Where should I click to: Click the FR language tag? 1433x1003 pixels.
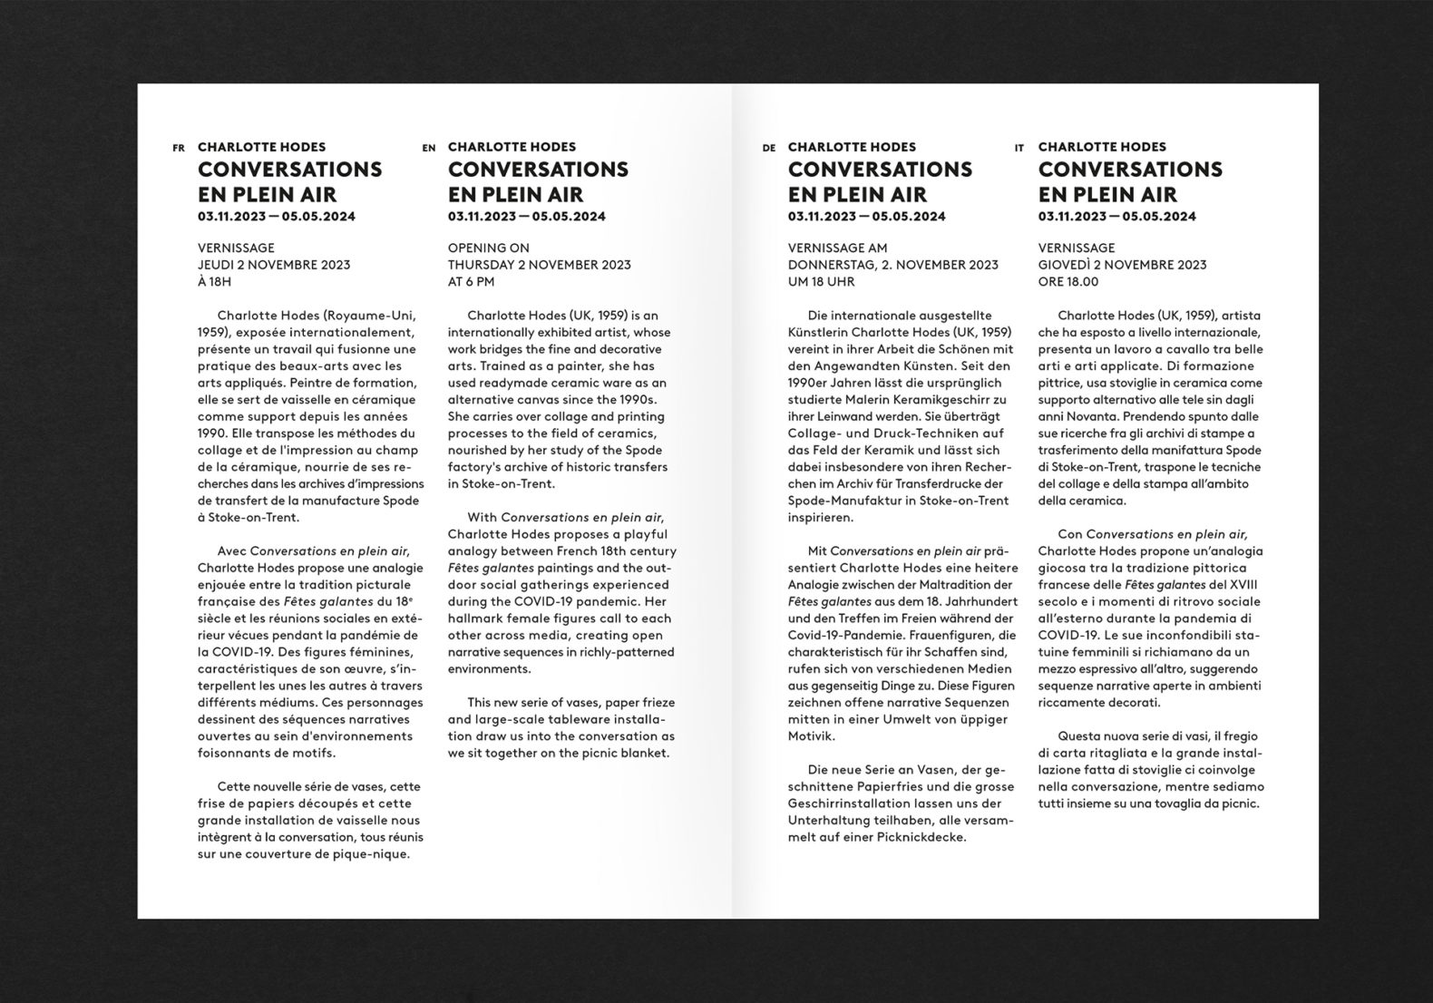point(179,148)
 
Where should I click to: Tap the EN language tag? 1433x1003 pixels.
point(429,148)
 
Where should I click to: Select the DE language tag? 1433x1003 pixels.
point(769,148)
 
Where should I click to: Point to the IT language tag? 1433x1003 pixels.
point(1019,148)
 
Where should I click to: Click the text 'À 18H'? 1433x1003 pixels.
point(215,282)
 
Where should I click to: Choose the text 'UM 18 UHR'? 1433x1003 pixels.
point(822,282)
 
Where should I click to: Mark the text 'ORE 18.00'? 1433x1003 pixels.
point(1068,282)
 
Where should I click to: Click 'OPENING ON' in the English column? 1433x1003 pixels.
point(489,248)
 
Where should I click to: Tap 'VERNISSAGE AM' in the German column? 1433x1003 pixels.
point(838,248)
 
